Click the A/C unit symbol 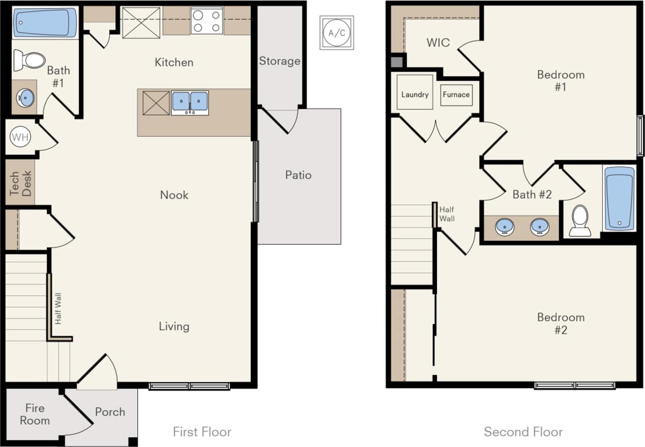coord(337,32)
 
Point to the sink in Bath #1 coord(25,97)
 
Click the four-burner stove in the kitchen coord(207,21)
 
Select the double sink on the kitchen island coord(190,102)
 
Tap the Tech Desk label coord(20,183)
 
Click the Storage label coord(279,61)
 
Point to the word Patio coord(298,175)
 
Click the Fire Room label coord(35,414)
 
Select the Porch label coord(110,412)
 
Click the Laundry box coord(415,94)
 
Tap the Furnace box coord(456,95)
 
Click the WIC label coord(438,43)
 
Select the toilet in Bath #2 coord(579,220)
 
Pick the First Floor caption coord(202,431)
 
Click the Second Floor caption coord(523,431)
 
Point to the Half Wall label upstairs coord(447,214)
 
